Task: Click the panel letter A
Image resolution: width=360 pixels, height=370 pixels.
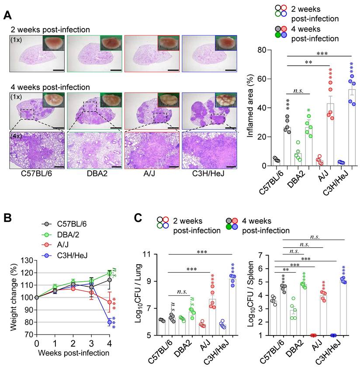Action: click(x=7, y=15)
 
